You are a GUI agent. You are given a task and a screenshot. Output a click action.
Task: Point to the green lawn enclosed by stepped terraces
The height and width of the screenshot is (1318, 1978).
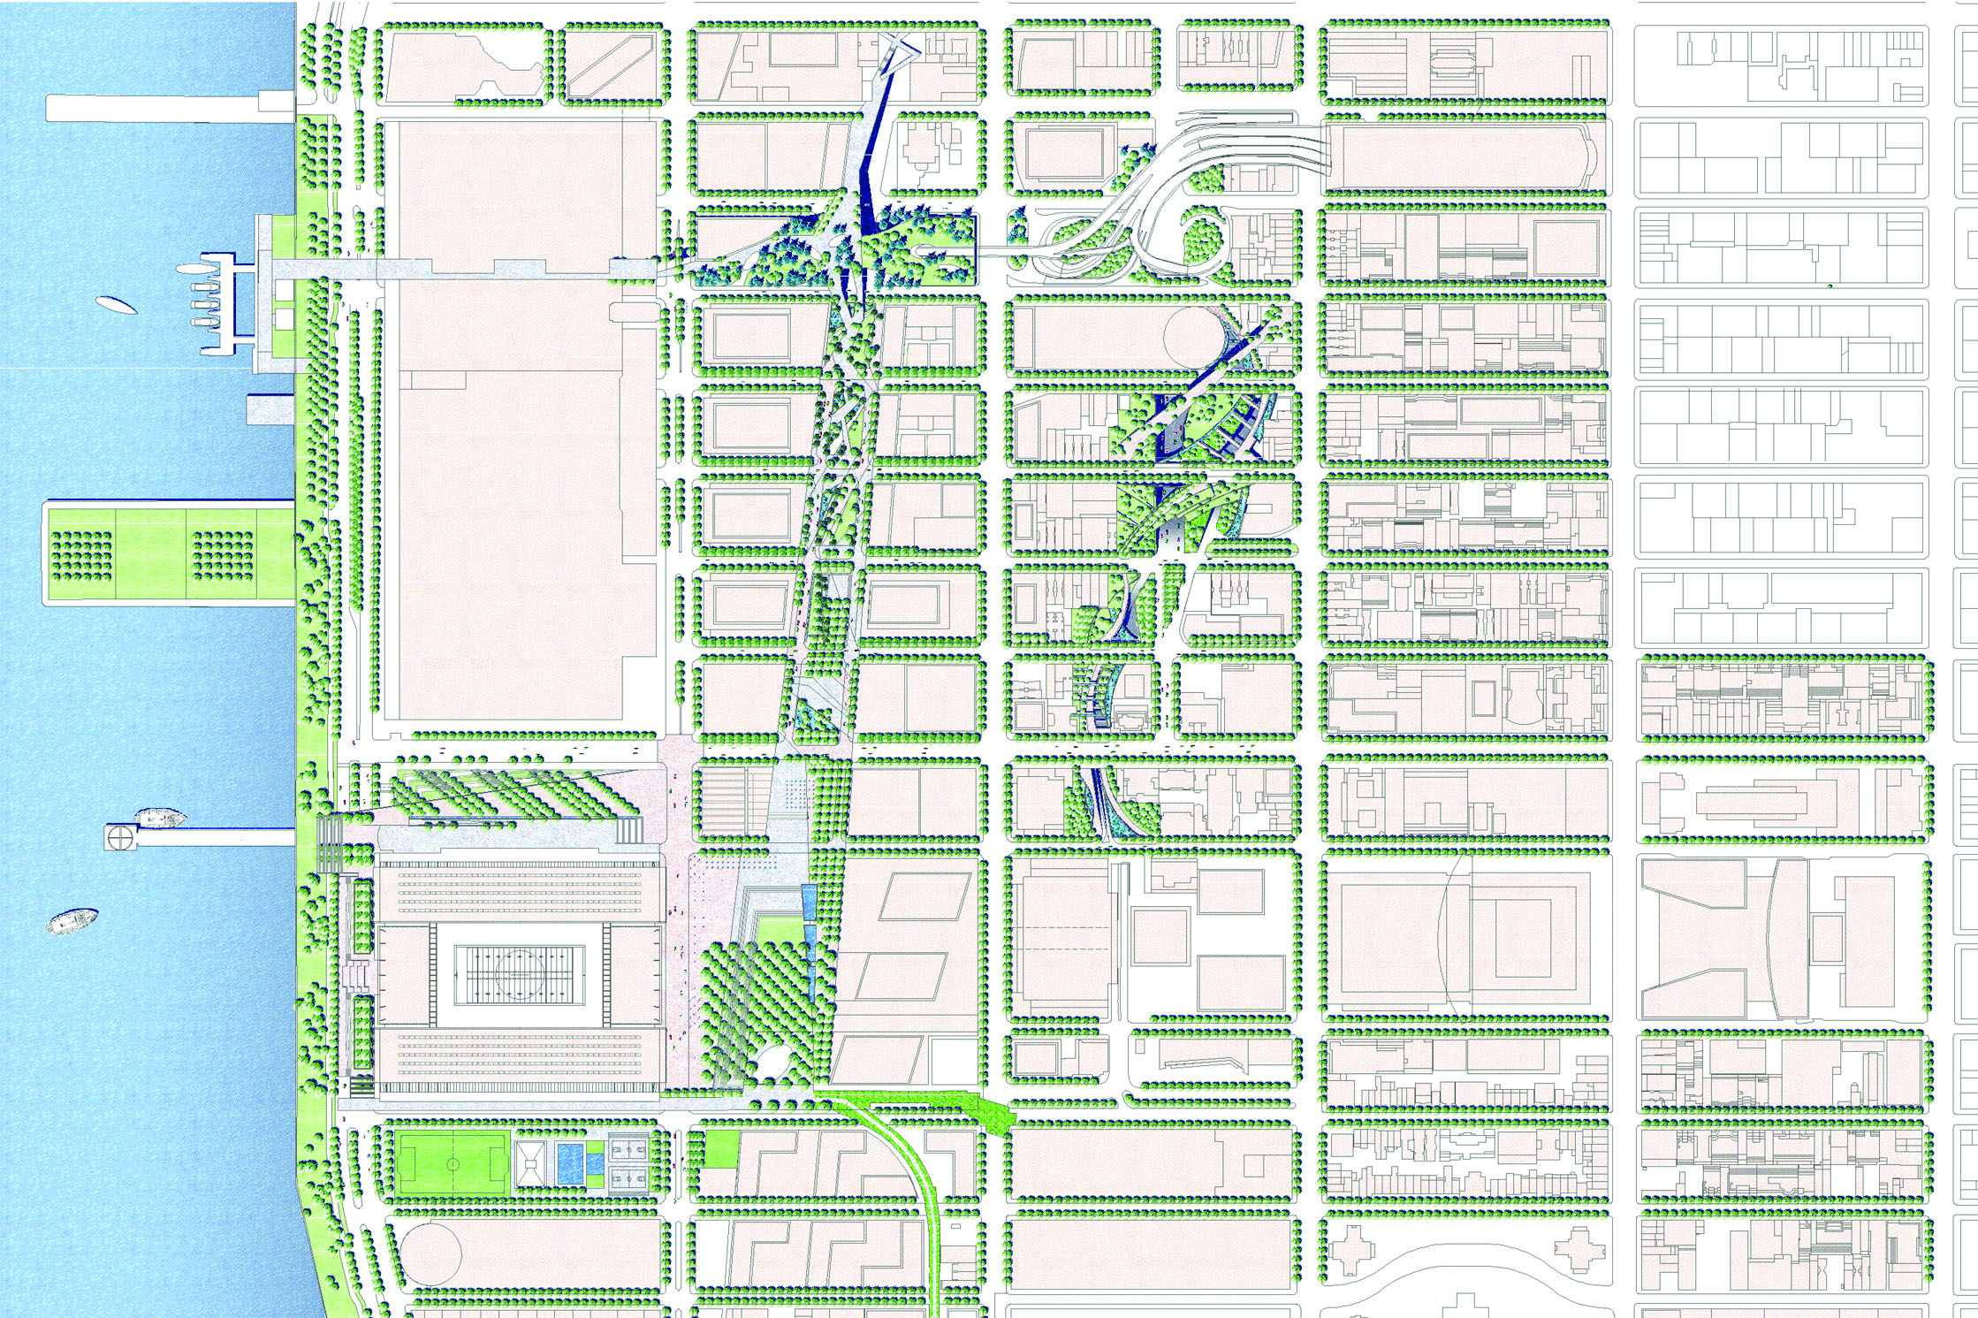click(x=775, y=931)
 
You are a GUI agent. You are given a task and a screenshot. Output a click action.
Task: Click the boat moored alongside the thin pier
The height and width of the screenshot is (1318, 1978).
click(x=160, y=818)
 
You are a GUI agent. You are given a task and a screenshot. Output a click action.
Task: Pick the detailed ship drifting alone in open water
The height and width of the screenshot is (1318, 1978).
click(x=72, y=921)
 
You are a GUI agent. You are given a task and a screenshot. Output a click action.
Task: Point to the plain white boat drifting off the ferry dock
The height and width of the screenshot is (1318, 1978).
click(x=117, y=306)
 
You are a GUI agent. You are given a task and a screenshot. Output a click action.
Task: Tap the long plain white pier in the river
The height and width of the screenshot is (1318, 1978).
click(x=168, y=109)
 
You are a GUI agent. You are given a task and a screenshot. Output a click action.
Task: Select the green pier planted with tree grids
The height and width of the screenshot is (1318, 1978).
click(x=168, y=551)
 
